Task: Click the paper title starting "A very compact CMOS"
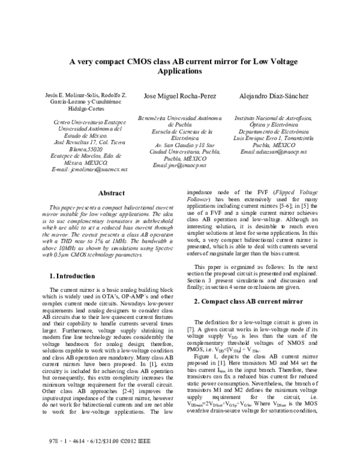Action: click(x=180, y=61)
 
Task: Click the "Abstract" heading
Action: click(x=111, y=193)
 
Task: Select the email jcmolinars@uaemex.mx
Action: click(x=89, y=170)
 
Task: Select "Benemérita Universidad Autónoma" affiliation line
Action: click(x=179, y=119)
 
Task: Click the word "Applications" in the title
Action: click(x=180, y=71)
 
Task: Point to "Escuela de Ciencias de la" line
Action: click(x=179, y=131)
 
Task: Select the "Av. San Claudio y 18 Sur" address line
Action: click(x=179, y=145)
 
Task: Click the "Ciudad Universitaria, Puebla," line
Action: click(x=179, y=152)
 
